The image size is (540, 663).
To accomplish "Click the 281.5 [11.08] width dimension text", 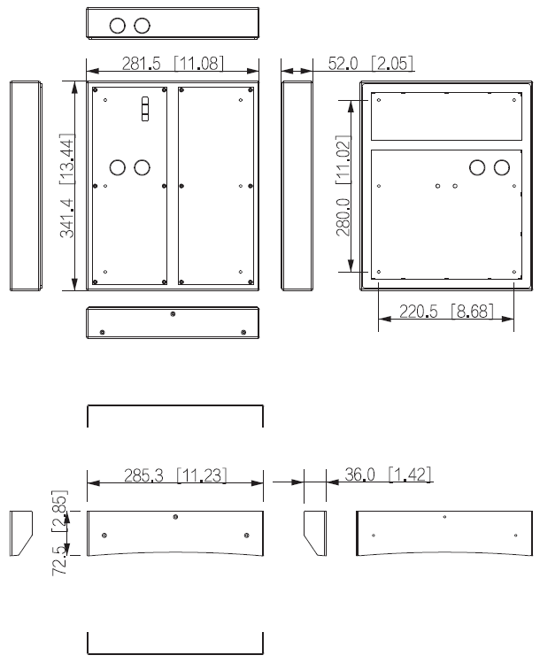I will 173,63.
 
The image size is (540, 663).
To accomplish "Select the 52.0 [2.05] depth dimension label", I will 370,63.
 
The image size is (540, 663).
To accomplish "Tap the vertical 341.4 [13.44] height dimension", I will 66,185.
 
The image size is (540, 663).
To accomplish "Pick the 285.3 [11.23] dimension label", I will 175,475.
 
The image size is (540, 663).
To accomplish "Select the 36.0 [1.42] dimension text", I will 388,475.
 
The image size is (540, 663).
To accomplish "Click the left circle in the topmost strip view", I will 118,24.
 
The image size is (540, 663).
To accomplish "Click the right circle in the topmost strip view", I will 142,24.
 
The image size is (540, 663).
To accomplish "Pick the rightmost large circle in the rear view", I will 502,166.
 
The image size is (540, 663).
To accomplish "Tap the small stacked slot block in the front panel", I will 146,109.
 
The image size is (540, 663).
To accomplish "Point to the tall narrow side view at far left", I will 25,185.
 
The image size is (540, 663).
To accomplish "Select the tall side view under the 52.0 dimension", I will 297,185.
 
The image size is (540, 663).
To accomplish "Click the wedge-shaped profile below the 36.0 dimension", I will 314,533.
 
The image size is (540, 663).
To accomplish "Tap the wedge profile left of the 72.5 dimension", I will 21,533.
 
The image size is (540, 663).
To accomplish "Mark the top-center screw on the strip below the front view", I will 173,313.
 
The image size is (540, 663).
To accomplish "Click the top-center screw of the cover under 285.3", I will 175,517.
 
